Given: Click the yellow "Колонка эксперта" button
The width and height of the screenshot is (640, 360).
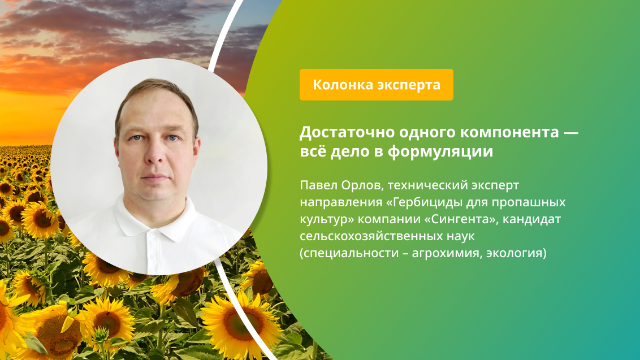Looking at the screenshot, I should [x=376, y=85].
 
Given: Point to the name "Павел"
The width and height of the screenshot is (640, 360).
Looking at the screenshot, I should [x=317, y=185].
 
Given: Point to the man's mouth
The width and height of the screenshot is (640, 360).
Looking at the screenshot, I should [x=155, y=179].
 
